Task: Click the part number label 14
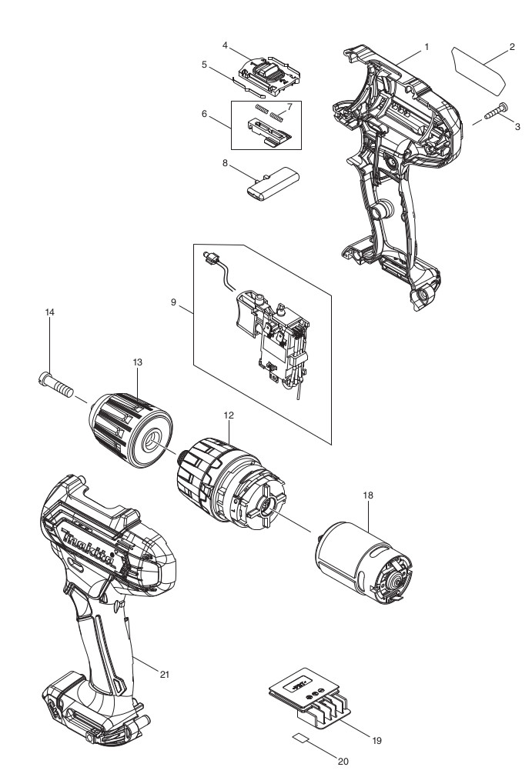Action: (51, 312)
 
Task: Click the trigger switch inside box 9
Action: (269, 331)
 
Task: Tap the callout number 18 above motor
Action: (368, 496)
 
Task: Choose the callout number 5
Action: (205, 65)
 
